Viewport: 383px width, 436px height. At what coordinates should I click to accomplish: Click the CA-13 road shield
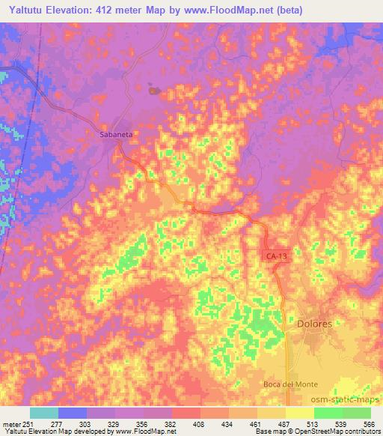coord(277,256)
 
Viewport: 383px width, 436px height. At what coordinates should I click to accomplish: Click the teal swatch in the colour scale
coord(44,413)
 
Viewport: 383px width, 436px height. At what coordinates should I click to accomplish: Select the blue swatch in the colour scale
coord(73,413)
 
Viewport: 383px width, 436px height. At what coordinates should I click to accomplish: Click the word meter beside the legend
coord(10,423)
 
